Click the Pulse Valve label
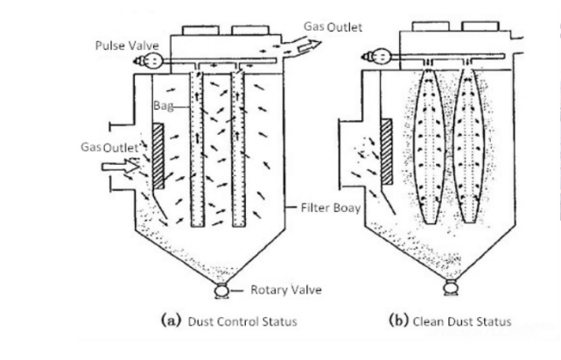pos(122,45)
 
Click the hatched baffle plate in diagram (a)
pos(158,157)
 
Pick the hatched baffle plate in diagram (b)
pos(386,152)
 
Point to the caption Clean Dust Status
pos(450,321)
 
